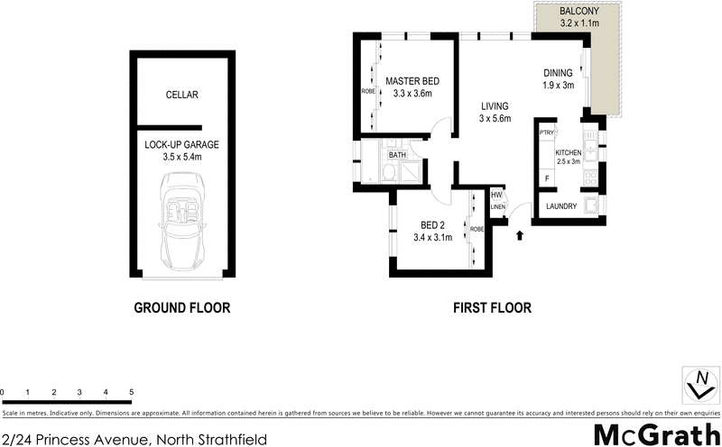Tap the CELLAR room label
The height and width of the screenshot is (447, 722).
(x=181, y=95)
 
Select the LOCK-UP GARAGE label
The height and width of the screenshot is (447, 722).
(x=181, y=144)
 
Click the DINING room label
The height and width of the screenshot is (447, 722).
(x=559, y=73)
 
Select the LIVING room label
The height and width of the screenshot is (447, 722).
(x=495, y=105)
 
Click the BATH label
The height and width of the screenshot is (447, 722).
(x=397, y=155)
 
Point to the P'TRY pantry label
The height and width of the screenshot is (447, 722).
(x=545, y=133)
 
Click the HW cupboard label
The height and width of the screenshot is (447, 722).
(x=496, y=194)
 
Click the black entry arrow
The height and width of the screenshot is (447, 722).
(x=520, y=236)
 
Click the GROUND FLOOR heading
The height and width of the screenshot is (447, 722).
(x=181, y=307)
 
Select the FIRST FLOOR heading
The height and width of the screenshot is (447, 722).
(x=492, y=307)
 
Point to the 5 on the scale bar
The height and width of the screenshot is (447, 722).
(x=132, y=393)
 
